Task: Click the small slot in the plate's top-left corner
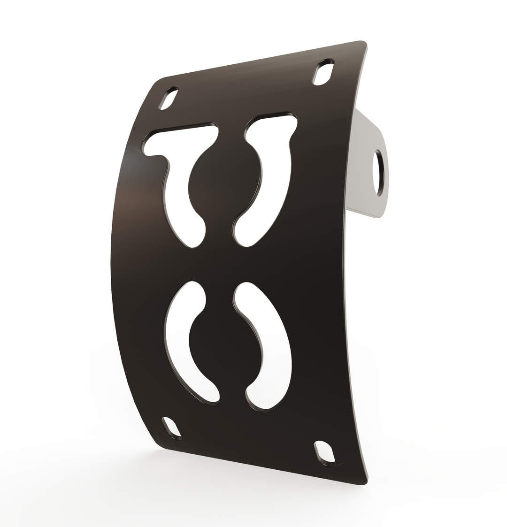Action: [x=169, y=98]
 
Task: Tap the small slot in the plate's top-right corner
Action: [x=323, y=73]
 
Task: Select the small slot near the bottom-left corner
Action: [x=171, y=428]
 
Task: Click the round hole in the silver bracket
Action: [x=378, y=173]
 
